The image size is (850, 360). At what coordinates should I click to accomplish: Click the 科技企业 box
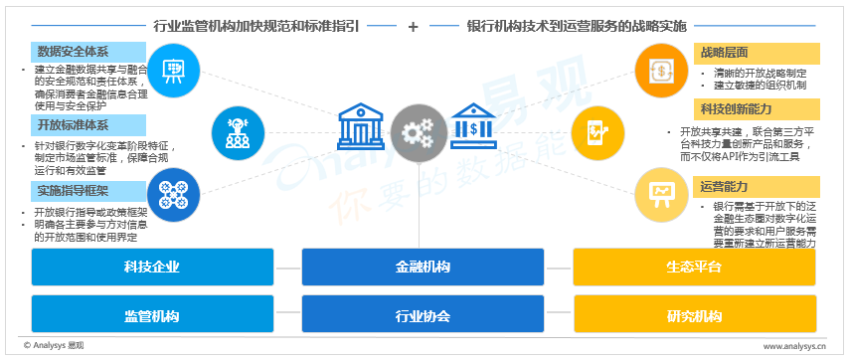pos(152,267)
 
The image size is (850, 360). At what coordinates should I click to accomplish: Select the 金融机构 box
pos(423,267)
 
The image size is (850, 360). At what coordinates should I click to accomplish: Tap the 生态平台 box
pos(695,267)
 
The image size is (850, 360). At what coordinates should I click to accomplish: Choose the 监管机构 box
pos(152,314)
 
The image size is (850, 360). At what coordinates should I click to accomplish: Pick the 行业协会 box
pos(423,314)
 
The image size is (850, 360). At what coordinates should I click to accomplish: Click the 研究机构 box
pos(695,314)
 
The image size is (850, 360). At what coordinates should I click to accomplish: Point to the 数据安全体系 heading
pos(88,52)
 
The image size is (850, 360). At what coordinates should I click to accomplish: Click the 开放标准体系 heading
pos(88,125)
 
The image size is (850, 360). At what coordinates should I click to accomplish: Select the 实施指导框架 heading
pos(88,191)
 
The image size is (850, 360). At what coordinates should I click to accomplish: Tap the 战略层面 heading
pos(757,53)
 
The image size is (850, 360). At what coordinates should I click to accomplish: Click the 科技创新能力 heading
pos(757,109)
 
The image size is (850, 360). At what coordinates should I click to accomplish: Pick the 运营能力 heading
pos(757,187)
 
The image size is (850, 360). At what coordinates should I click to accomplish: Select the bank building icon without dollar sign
pos(361,126)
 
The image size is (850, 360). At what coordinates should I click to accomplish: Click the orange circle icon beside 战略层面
pos(661,71)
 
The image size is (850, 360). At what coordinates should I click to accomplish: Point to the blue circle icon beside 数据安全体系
pos(173,71)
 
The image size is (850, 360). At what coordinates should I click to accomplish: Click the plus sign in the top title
pos(414,26)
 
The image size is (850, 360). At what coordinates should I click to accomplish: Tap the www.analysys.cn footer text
pos(794,345)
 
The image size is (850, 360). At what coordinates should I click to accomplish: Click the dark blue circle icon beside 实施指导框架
pos(173,195)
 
